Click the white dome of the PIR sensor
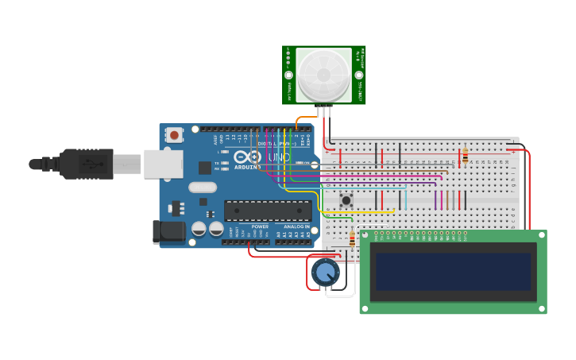323,75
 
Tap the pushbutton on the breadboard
346,199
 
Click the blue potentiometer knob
324,273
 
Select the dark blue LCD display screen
453,271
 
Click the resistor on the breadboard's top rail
465,155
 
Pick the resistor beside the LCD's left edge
352,238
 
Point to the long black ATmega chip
268,210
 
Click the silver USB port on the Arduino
163,164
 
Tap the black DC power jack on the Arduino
168,231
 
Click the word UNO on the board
279,157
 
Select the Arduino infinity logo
256,157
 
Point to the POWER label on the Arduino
260,226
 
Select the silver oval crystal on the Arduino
203,188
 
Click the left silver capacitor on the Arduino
198,229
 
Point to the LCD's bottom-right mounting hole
540,308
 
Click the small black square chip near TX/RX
205,167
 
